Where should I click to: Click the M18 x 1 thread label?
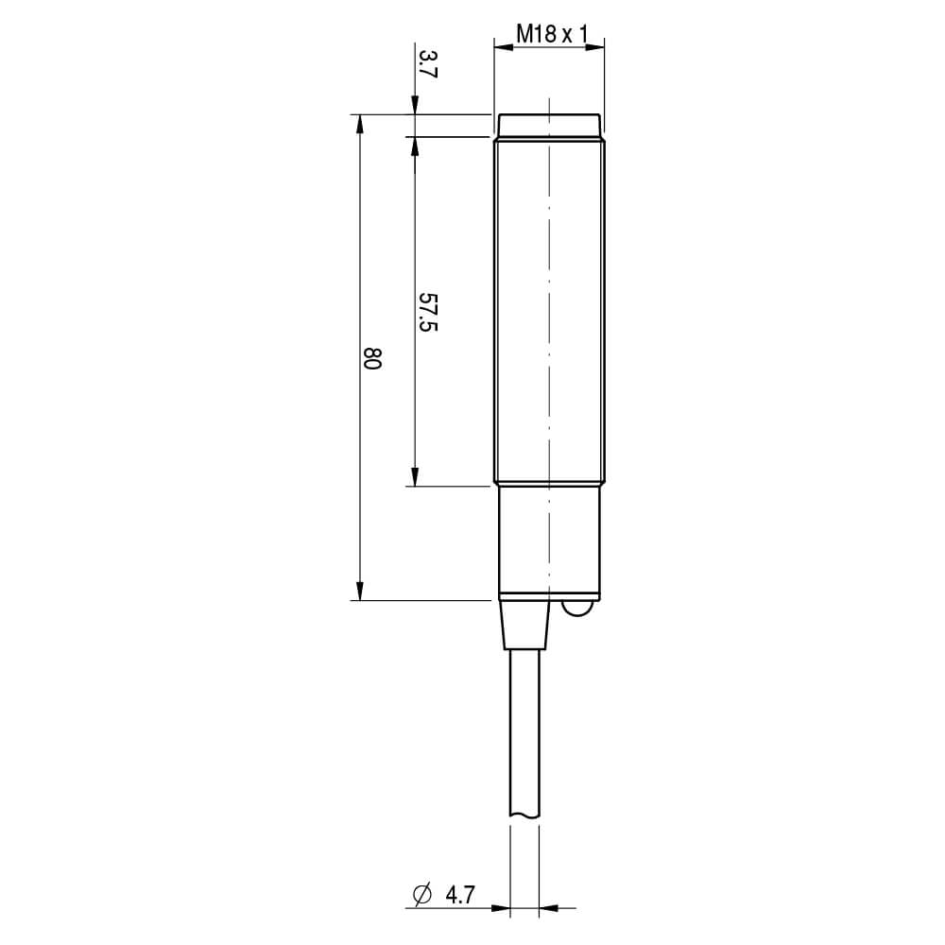point(552,34)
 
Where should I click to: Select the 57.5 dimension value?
point(428,312)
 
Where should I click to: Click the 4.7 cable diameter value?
point(460,894)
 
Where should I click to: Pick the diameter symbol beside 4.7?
point(422,894)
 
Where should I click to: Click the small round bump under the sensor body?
point(576,609)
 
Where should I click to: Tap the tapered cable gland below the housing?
point(524,625)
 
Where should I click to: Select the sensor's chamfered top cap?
point(548,125)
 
